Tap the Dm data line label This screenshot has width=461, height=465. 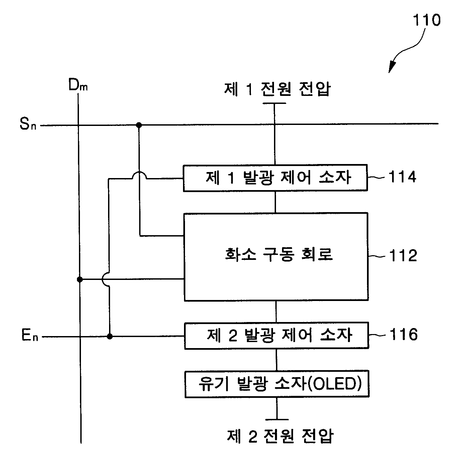click(x=78, y=85)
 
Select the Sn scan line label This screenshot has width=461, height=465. click(x=28, y=124)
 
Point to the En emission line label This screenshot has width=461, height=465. click(x=30, y=335)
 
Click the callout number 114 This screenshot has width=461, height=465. click(x=402, y=177)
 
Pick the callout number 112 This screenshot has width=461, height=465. click(x=403, y=256)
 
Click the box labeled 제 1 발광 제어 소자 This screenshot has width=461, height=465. click(x=275, y=178)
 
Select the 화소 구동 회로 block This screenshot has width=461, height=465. click(x=276, y=257)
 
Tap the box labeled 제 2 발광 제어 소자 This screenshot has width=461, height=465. click(x=277, y=335)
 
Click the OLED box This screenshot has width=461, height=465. click(x=277, y=384)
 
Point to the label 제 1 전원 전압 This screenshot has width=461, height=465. click(x=277, y=89)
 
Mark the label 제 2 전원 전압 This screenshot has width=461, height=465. click(x=280, y=436)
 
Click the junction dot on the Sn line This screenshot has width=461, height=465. click(x=139, y=125)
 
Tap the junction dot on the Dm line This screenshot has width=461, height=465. click(x=80, y=280)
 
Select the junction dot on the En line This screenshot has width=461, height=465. click(x=110, y=336)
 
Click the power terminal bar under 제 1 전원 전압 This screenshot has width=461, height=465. click(x=274, y=103)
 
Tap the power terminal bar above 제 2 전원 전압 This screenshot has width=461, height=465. click(x=277, y=420)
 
